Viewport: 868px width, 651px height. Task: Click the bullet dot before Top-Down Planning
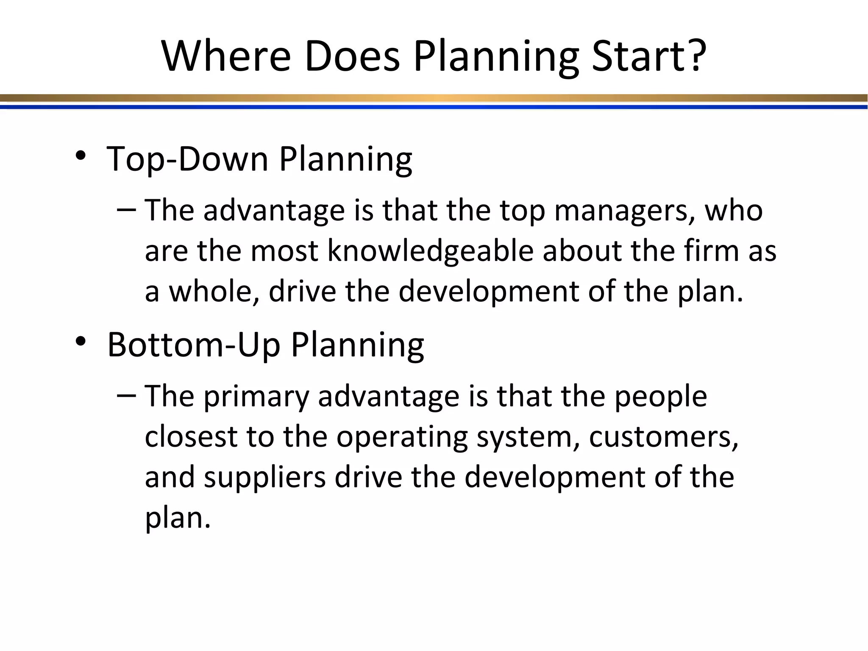click(81, 156)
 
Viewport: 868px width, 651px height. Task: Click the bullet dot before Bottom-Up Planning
click(81, 342)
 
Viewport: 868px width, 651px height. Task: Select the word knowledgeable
click(430, 251)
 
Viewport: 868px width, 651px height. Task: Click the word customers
click(663, 437)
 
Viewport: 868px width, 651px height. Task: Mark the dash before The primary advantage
click(126, 395)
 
